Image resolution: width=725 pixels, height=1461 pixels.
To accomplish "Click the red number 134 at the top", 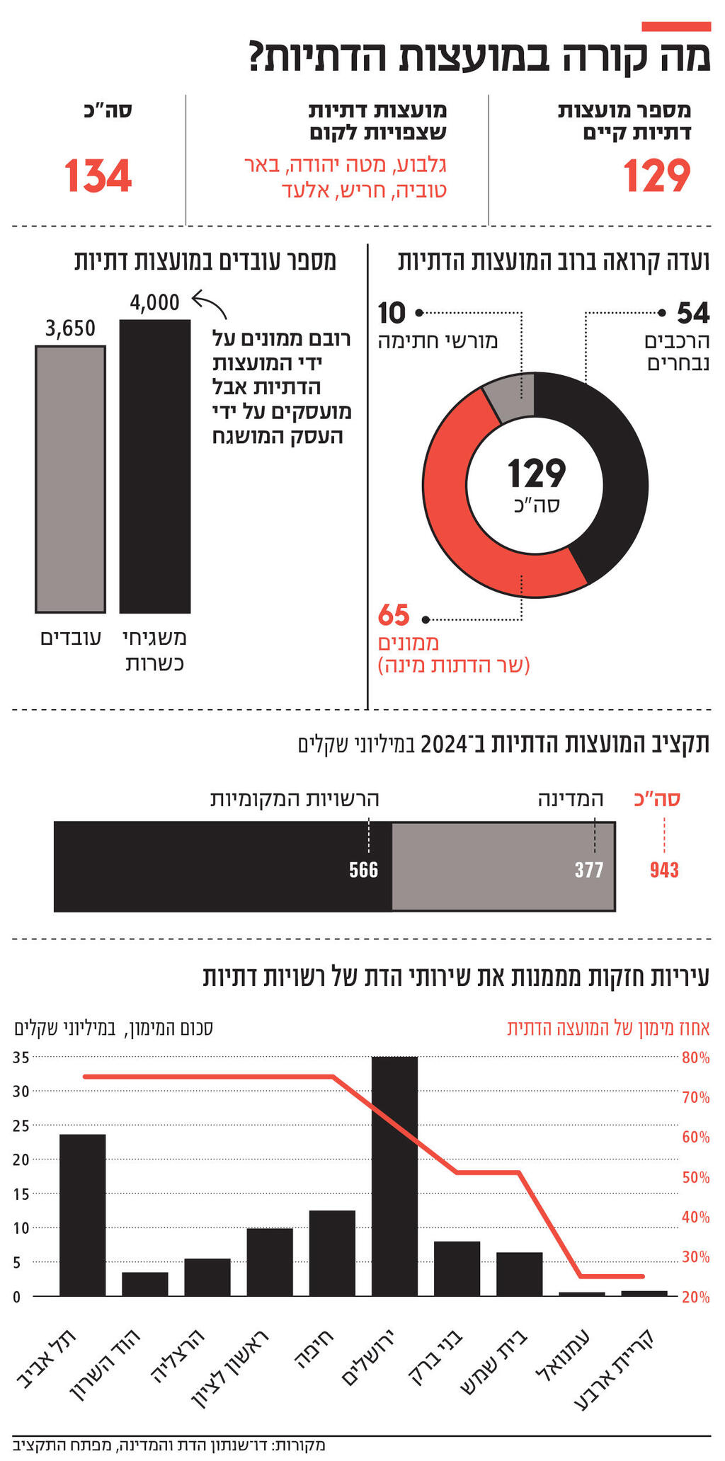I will coord(98,176).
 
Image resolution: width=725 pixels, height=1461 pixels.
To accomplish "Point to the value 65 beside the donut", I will coord(394,616).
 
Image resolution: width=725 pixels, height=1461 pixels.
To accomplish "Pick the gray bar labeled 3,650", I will coord(70,479).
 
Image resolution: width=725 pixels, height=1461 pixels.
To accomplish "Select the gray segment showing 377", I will coord(503,866).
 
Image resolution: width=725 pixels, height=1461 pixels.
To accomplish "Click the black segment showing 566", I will coord(222,866).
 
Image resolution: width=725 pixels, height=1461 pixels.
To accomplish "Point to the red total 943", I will coord(664,870).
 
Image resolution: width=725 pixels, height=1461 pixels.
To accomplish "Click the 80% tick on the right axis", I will coord(695,1058).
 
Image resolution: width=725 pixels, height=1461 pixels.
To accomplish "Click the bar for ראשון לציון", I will coord(270,1262).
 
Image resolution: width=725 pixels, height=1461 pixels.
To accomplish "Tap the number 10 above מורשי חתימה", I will coord(392,312).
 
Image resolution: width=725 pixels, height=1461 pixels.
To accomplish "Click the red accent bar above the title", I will coord(675,26).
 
